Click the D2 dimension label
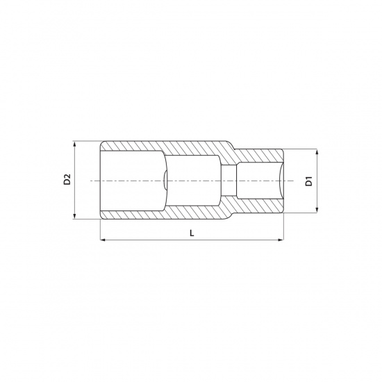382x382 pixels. tap(67, 179)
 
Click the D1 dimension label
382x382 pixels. tap(308, 181)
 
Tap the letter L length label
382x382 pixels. tap(192, 233)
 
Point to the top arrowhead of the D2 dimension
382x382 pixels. tap(75, 144)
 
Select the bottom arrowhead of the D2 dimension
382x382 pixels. tap(75, 216)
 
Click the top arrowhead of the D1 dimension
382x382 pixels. tap(317, 152)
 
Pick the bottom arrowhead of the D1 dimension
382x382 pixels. tap(317, 210)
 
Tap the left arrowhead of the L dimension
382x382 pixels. tap(103, 240)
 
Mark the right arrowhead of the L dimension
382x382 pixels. tap(281, 240)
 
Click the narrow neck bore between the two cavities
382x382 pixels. tap(229, 181)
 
